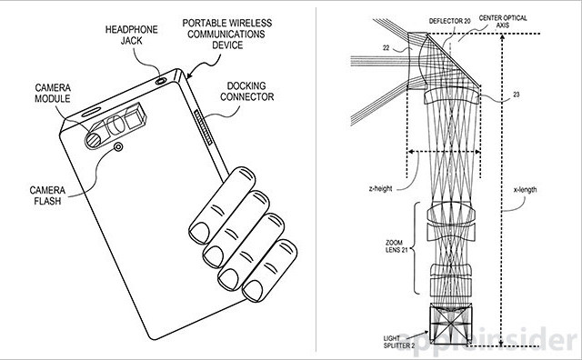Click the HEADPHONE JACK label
tap(131, 35)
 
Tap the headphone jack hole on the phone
tap(162, 81)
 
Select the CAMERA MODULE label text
tap(53, 93)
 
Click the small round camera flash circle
tap(118, 147)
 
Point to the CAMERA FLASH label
tap(47, 195)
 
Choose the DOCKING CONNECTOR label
tap(246, 91)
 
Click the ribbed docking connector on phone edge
tap(203, 127)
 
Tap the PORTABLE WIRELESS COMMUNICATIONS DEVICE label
tap(226, 34)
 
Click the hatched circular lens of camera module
tap(93, 140)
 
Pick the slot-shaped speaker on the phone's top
tap(91, 112)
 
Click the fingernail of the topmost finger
tap(199, 232)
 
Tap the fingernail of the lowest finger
tap(253, 291)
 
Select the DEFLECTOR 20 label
tap(449, 21)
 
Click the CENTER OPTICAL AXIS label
tap(503, 22)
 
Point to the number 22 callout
tap(386, 48)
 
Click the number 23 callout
tap(516, 95)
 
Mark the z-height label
tap(380, 188)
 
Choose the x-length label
tap(525, 190)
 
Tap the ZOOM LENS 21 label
tap(396, 246)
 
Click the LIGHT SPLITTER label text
tap(399, 342)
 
